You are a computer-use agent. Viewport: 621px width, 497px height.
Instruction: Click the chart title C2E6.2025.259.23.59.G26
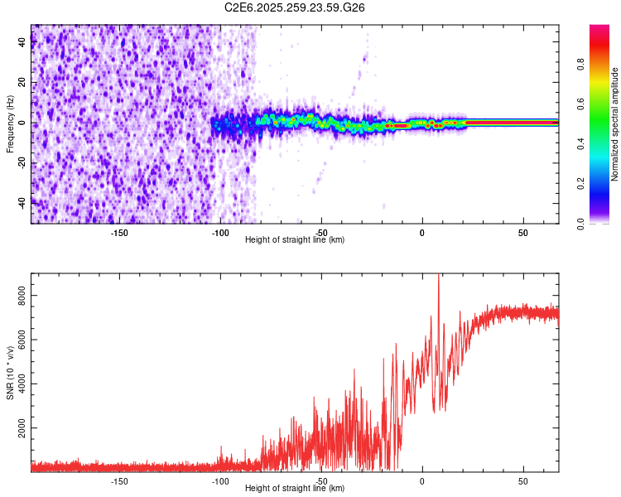295,7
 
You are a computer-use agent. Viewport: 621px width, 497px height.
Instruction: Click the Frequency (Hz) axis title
10,123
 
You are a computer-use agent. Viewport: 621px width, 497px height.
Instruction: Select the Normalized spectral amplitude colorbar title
615,123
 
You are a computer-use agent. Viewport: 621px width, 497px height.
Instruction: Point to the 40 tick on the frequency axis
22,44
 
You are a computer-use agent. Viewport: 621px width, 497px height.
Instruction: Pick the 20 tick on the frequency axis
22,84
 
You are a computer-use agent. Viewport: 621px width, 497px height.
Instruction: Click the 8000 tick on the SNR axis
22,295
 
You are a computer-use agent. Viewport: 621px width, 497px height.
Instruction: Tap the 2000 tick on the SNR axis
22,428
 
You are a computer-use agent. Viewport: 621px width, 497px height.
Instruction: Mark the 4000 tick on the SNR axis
22,384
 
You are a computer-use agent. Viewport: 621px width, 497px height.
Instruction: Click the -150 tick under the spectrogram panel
119,233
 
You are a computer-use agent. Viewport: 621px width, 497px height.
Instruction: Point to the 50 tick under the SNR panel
523,481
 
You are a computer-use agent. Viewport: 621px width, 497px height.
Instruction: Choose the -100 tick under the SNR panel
220,481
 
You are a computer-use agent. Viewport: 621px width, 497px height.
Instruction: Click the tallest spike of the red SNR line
438,277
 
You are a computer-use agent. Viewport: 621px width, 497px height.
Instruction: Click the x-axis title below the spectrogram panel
295,240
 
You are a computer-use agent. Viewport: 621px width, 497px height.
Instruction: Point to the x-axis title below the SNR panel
295,489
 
